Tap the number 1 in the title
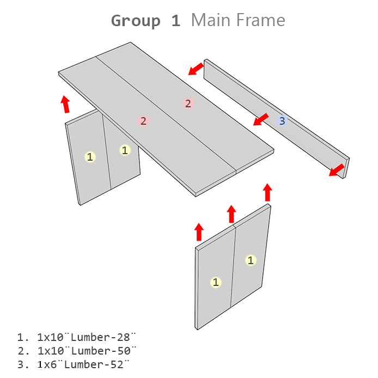point(176,21)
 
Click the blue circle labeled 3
point(282,121)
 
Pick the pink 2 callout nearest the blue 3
point(188,103)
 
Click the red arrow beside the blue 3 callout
point(260,119)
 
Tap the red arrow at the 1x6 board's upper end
point(196,69)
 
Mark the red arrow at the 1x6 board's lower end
point(337,170)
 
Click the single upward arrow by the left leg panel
point(65,104)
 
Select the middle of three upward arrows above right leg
point(231,214)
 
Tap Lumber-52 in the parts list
point(97,364)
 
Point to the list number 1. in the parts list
point(23,337)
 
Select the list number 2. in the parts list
point(23,351)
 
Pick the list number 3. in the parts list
point(23,364)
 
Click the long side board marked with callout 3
point(277,119)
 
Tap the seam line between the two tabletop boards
point(166,113)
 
